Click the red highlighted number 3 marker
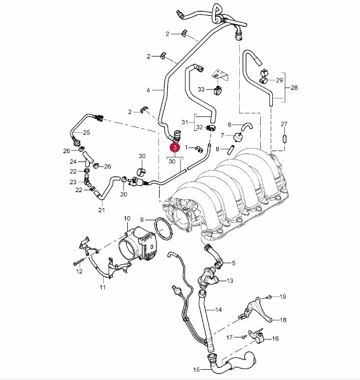click(x=175, y=147)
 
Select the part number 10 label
click(x=127, y=219)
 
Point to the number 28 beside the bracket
click(x=294, y=87)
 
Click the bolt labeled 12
click(x=78, y=262)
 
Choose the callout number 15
click(x=197, y=370)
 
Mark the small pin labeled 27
click(x=284, y=139)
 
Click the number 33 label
click(x=201, y=90)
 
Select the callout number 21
click(x=101, y=210)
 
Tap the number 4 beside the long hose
click(x=148, y=90)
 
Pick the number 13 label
click(x=230, y=281)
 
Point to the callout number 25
click(x=87, y=132)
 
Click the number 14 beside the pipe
click(x=219, y=309)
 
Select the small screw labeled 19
click(x=269, y=297)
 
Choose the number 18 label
click(x=283, y=320)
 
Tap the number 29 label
click(x=279, y=80)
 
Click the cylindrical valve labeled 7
click(x=238, y=137)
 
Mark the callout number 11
click(x=102, y=287)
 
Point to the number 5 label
click(x=233, y=263)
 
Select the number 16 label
click(x=275, y=338)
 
